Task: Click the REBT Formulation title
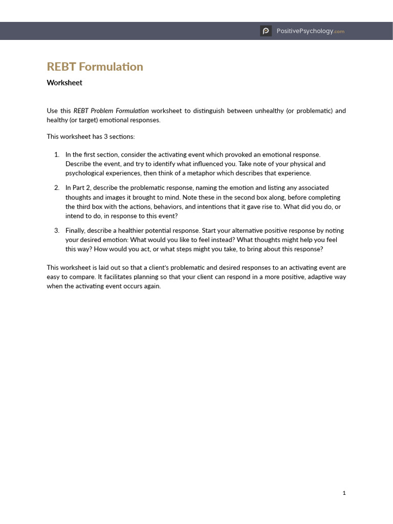[95, 67]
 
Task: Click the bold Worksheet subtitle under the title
[64, 82]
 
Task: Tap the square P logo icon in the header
[266, 31]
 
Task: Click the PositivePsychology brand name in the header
[304, 31]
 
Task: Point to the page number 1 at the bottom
[344, 493]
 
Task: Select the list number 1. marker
[57, 154]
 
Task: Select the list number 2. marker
[57, 188]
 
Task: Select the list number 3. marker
[57, 230]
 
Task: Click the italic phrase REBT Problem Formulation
[111, 111]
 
